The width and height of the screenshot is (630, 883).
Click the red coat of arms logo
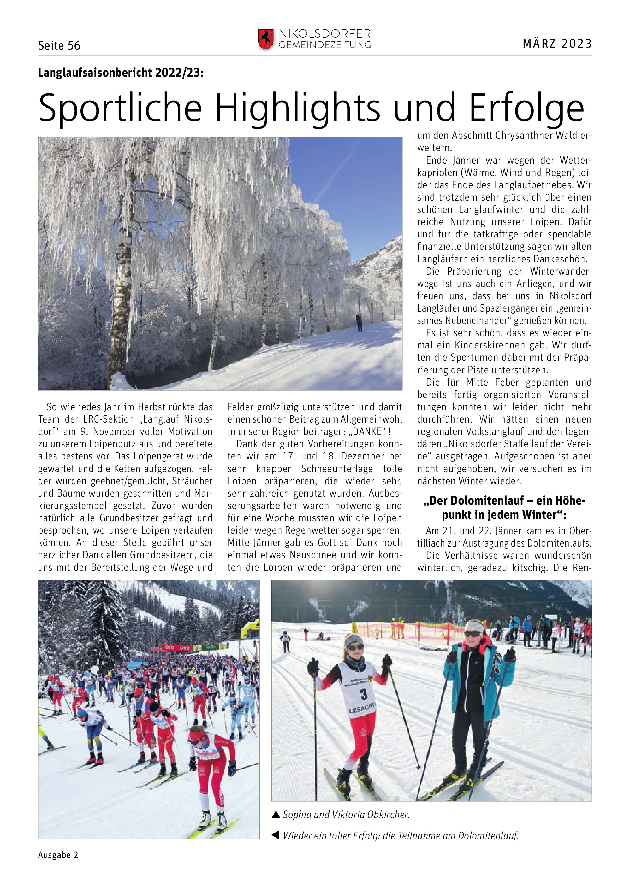(266, 39)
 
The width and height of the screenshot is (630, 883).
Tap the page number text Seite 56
(59, 46)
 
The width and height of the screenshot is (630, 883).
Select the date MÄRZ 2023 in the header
(557, 44)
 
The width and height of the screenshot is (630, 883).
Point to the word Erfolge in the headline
(526, 108)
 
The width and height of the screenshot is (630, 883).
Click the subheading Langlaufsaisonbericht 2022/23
(121, 73)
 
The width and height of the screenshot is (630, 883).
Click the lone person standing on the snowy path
(359, 323)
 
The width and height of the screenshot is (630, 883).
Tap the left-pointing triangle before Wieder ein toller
(276, 835)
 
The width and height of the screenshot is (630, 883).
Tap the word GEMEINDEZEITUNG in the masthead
(325, 45)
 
